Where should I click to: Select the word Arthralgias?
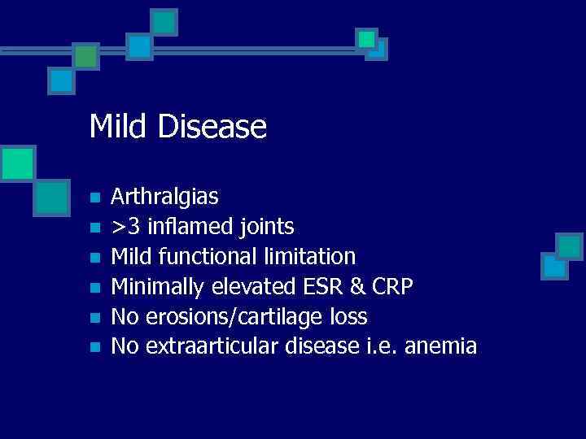[x=164, y=196]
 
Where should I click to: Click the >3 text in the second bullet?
[x=123, y=225]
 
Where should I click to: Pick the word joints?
[x=266, y=225]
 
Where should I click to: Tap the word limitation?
[x=310, y=256]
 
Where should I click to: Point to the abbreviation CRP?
[x=393, y=286]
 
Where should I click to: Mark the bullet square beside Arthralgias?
[x=94, y=198]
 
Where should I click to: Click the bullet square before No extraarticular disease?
[x=94, y=347]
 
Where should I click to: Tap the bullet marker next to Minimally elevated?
[x=94, y=287]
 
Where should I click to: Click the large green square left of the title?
[x=17, y=163]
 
